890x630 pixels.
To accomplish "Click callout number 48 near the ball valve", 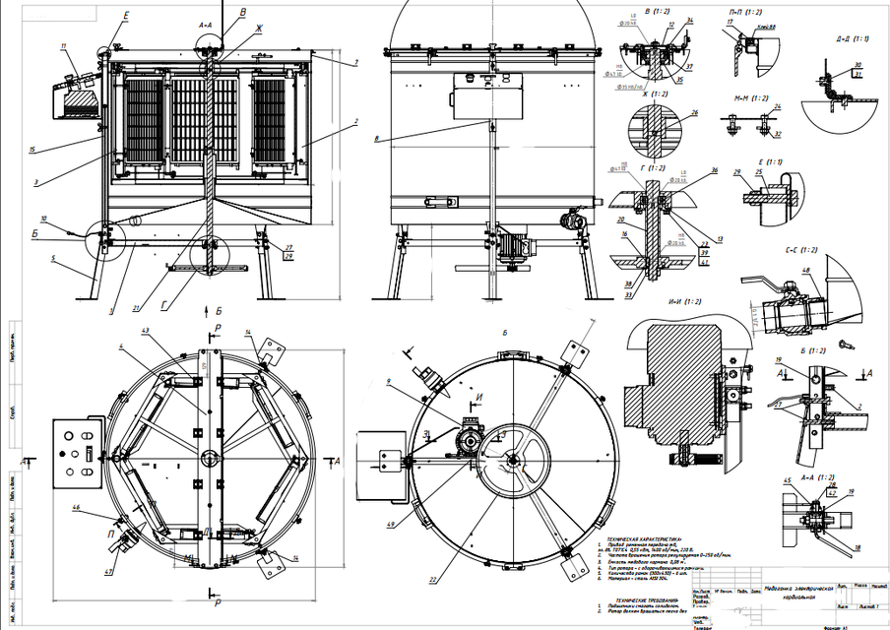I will click(x=807, y=272).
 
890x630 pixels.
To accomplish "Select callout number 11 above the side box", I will click(x=63, y=46).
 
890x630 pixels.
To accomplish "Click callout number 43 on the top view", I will click(x=146, y=330).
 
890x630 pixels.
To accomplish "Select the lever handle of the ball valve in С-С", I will click(x=757, y=286).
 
